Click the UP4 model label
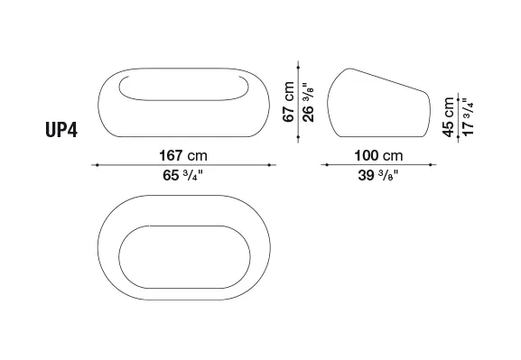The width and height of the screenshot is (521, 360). click(61, 130)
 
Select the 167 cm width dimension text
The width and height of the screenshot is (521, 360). click(183, 155)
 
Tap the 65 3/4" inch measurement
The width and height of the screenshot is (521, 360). click(182, 175)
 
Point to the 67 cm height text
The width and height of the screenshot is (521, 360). click(288, 102)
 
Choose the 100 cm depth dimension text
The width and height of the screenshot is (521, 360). click(378, 155)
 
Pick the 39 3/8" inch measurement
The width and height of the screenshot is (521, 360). click(377, 175)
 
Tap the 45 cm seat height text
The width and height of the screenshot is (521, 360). click(448, 117)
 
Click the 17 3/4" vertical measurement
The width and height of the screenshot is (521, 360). click(468, 116)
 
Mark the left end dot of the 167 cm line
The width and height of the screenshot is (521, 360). click(97, 165)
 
